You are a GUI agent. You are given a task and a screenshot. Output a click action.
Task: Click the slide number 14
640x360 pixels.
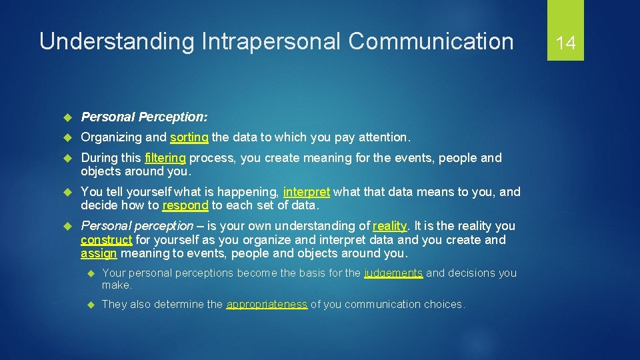(x=565, y=43)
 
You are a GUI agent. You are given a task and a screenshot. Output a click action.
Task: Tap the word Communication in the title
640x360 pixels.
(x=431, y=41)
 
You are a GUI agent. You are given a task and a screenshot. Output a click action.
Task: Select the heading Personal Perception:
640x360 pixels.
(x=144, y=117)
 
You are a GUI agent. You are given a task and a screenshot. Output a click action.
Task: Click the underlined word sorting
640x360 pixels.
(x=189, y=137)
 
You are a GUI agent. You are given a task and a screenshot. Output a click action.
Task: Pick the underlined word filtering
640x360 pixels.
(x=165, y=158)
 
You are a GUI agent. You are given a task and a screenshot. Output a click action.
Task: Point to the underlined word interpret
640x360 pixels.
(x=306, y=192)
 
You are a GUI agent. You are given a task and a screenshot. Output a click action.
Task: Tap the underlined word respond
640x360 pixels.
(x=185, y=205)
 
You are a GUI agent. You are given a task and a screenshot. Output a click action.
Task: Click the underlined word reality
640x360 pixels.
(x=389, y=226)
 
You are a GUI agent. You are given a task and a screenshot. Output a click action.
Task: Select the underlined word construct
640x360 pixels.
(x=106, y=239)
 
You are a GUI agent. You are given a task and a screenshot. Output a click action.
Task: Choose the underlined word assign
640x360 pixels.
(x=99, y=253)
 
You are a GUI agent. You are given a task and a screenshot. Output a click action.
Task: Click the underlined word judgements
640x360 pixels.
(x=393, y=273)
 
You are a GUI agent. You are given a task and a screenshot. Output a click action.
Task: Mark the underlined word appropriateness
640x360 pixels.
(x=267, y=304)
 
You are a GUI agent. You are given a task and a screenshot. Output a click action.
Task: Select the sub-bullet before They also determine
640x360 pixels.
(x=91, y=305)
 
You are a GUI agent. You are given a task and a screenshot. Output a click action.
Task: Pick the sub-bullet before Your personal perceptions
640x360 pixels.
(x=91, y=273)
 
